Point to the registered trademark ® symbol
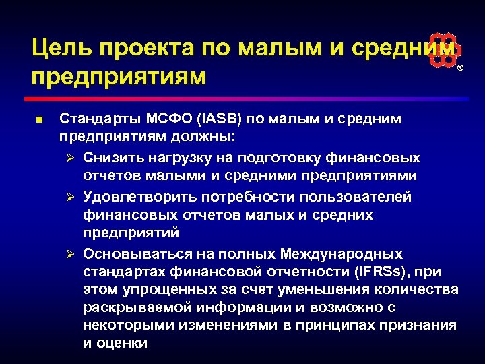[x=461, y=69]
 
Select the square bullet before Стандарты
[x=39, y=120]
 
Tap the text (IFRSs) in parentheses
[x=380, y=272]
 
